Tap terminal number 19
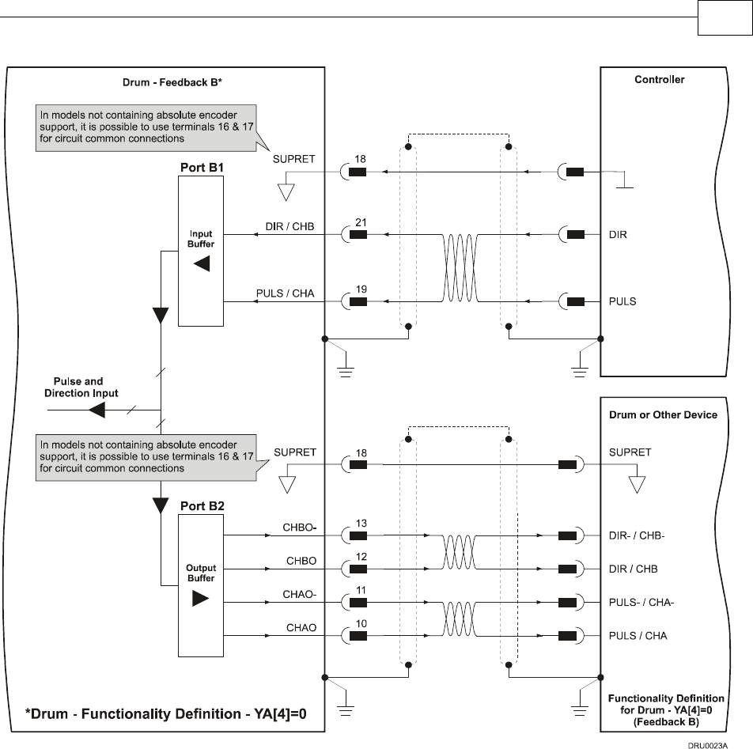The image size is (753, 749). tap(360, 290)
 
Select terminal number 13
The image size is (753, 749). tap(360, 524)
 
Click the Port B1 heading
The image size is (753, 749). tap(200, 168)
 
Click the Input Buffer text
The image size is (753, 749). tap(201, 239)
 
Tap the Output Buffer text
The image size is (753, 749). tap(201, 573)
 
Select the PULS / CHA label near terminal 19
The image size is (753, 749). tap(285, 293)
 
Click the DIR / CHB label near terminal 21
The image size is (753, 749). tap(289, 227)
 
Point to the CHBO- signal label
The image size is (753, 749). tap(299, 527)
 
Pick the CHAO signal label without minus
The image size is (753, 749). tap(301, 628)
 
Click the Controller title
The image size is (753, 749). tap(660, 80)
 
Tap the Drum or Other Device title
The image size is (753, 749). tap(663, 414)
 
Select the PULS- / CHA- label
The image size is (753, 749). tap(641, 603)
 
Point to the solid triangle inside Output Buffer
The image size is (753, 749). tap(201, 599)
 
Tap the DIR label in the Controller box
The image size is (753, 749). tap(618, 235)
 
